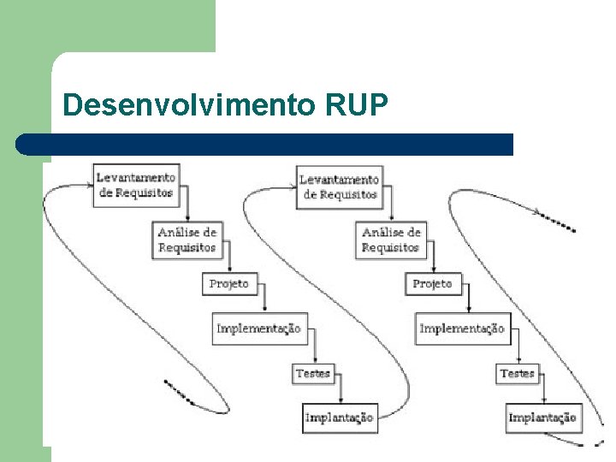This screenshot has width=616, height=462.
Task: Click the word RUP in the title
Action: (x=358, y=105)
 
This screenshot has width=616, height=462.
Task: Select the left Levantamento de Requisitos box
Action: (x=136, y=185)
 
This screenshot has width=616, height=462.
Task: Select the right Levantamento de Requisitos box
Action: (x=339, y=187)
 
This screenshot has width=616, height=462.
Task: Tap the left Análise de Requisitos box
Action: (x=187, y=240)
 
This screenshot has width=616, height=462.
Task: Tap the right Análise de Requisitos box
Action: (x=391, y=240)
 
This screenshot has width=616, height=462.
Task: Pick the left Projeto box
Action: (x=228, y=284)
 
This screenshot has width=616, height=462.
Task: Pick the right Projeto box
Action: (x=432, y=284)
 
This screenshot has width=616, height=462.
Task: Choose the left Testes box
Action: (x=312, y=374)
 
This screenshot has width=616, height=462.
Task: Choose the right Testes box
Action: (x=517, y=374)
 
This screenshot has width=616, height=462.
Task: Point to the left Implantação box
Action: (x=339, y=418)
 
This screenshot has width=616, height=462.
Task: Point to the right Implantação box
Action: (x=542, y=418)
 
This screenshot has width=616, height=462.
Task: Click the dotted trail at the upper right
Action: (x=560, y=223)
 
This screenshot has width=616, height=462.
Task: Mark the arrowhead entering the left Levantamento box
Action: (x=89, y=183)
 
